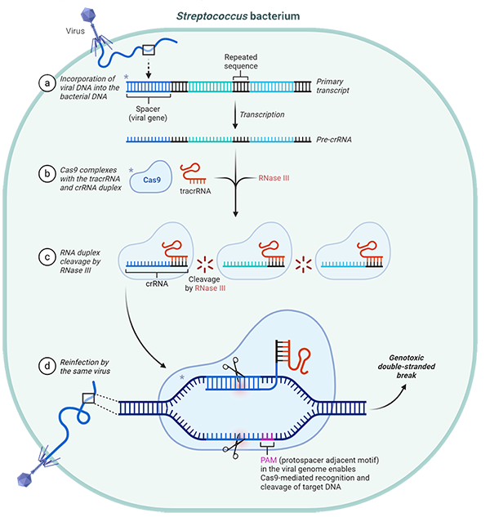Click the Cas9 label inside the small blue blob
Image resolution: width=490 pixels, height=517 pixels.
point(152,180)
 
